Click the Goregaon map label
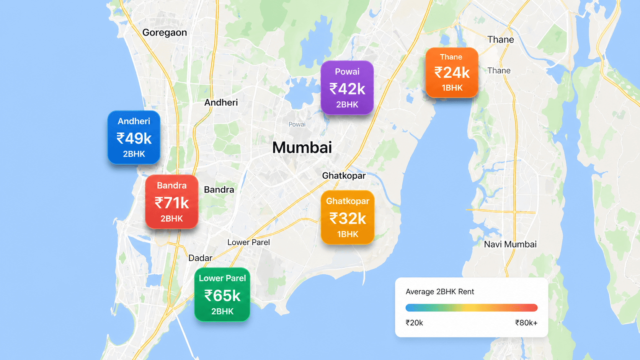coord(165,33)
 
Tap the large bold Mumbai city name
coord(302,148)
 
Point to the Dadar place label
coord(200,258)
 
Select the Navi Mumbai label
coord(510,244)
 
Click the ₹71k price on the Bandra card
coord(172,203)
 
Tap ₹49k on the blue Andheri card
coord(134,138)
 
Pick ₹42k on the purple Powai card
coord(347,89)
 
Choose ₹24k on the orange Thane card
coord(452,72)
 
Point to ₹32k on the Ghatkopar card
coord(348,218)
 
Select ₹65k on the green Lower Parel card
coord(222,295)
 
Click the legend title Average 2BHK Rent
coord(440,292)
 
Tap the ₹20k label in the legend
coord(414,323)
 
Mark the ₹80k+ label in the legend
coord(526,323)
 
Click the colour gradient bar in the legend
coord(472,308)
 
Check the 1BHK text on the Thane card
coord(452,88)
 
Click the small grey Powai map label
coord(297,124)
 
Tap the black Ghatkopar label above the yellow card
coord(344,176)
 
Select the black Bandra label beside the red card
coord(219,189)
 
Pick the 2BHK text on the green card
coord(222,311)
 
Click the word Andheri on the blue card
coord(134,121)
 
